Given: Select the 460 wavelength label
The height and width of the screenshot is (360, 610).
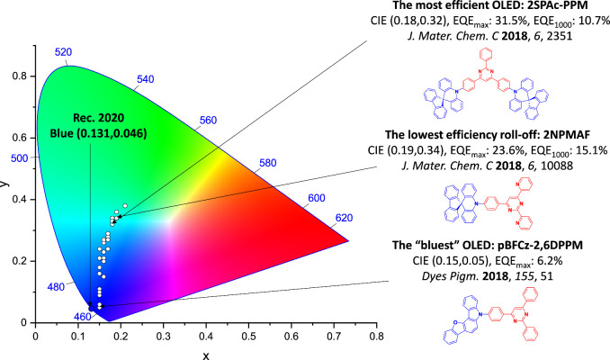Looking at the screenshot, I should point(83,316).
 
